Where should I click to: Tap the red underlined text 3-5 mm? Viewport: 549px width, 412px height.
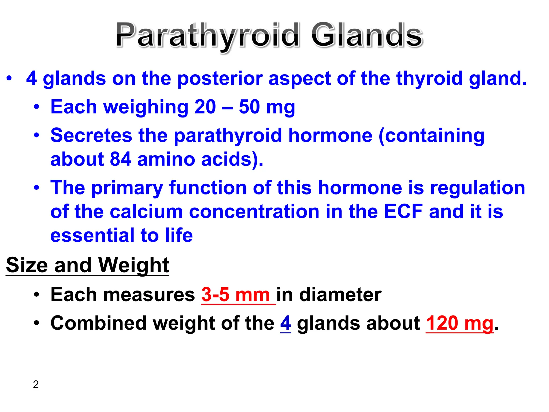click(x=236, y=295)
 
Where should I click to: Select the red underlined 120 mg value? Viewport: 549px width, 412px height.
click(x=459, y=323)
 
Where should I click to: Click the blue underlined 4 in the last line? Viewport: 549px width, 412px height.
click(x=285, y=323)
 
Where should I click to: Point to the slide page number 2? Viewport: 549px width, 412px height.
click(x=36, y=384)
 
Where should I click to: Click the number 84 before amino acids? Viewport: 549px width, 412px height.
click(x=120, y=159)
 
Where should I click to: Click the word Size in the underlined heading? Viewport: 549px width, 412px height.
click(x=27, y=265)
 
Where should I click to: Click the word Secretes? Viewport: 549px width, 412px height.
click(x=91, y=135)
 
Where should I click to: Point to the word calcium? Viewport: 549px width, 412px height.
click(x=146, y=211)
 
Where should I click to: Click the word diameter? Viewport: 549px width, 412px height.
click(x=340, y=295)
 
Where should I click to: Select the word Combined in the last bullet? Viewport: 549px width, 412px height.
click(x=99, y=323)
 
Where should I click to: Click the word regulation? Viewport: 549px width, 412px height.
click(x=477, y=188)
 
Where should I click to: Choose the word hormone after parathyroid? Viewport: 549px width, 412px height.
click(x=330, y=135)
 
